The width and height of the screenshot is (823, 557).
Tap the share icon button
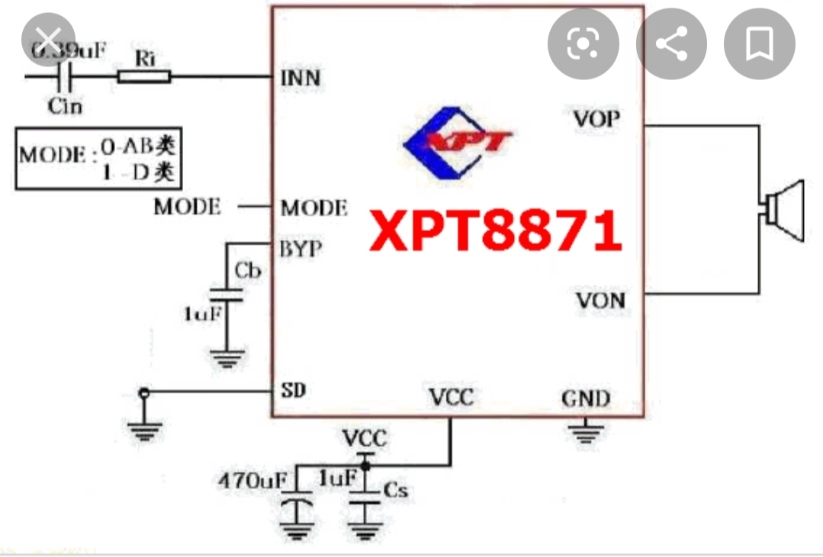point(671,44)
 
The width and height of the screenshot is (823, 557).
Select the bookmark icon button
point(759,44)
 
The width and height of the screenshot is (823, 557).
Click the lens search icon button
point(583,44)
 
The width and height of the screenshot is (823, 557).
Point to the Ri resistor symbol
point(144,76)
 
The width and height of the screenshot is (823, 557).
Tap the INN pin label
point(301,78)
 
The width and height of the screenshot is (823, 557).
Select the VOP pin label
point(597,119)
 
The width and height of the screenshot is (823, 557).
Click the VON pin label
point(600,300)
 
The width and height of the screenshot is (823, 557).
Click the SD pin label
point(294,391)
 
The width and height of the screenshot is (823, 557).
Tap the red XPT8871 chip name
point(496,231)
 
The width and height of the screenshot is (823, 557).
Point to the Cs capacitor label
point(396,489)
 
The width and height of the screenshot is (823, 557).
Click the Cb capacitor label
point(249,271)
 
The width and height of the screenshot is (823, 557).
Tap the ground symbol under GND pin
point(585,433)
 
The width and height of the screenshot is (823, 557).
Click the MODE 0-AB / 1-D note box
point(99,159)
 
